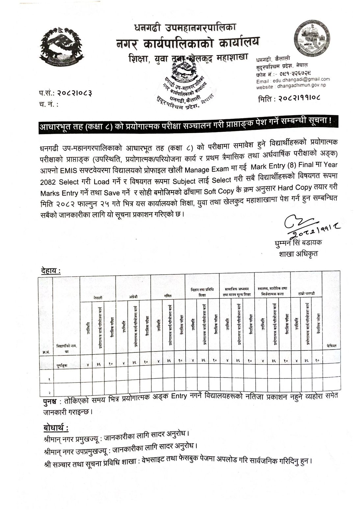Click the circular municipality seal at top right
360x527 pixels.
312,38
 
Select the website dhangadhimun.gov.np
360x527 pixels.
301,85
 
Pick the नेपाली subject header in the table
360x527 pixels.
98,298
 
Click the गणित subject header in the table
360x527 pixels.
168,296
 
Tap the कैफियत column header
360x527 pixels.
331,346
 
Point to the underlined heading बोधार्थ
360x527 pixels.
56,428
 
